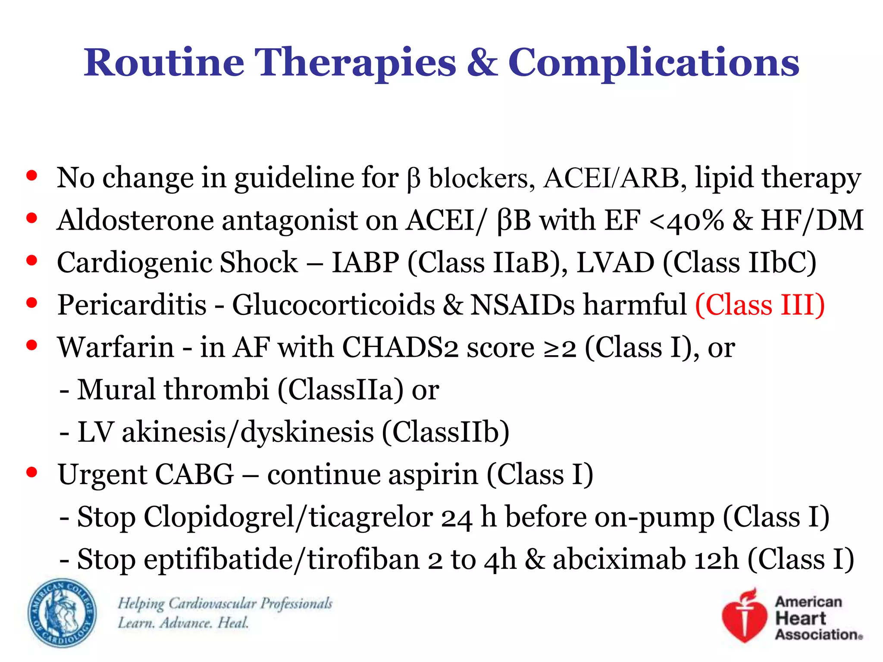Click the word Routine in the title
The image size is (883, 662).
coord(164,62)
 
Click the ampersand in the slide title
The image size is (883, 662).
coord(482,62)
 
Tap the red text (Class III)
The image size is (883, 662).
coord(760,305)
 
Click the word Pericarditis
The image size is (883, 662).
coord(132,305)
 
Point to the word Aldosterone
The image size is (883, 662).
coord(135,221)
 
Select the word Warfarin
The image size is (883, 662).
coord(116,347)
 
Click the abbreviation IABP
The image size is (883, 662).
coord(365,263)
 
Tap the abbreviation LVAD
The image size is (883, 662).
coord(615,263)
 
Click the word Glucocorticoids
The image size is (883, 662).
coord(333,305)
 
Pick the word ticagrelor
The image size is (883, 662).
coord(371,517)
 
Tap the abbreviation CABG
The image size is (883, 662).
coord(194,475)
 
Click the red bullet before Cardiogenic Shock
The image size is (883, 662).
coord(31,260)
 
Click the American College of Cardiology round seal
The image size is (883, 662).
coord(62,613)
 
